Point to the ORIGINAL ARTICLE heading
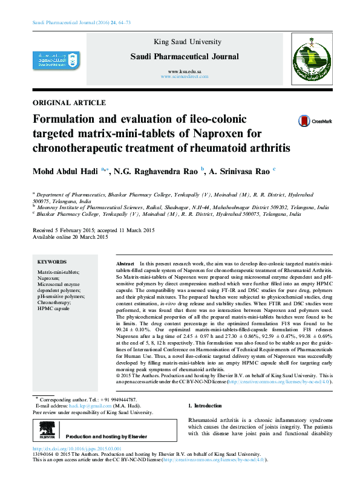point(68,103)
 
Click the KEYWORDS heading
point(52,262)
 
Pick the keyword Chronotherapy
point(54,302)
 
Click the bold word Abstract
point(125,265)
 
